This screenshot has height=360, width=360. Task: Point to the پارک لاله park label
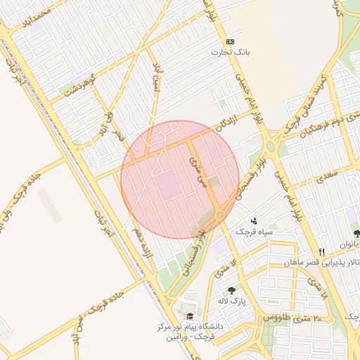click(x=230, y=301)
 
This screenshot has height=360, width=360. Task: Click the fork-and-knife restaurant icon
click(x=322, y=252)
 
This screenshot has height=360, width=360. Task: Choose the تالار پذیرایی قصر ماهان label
click(x=319, y=262)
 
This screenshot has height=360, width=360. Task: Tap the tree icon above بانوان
click(x=356, y=233)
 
